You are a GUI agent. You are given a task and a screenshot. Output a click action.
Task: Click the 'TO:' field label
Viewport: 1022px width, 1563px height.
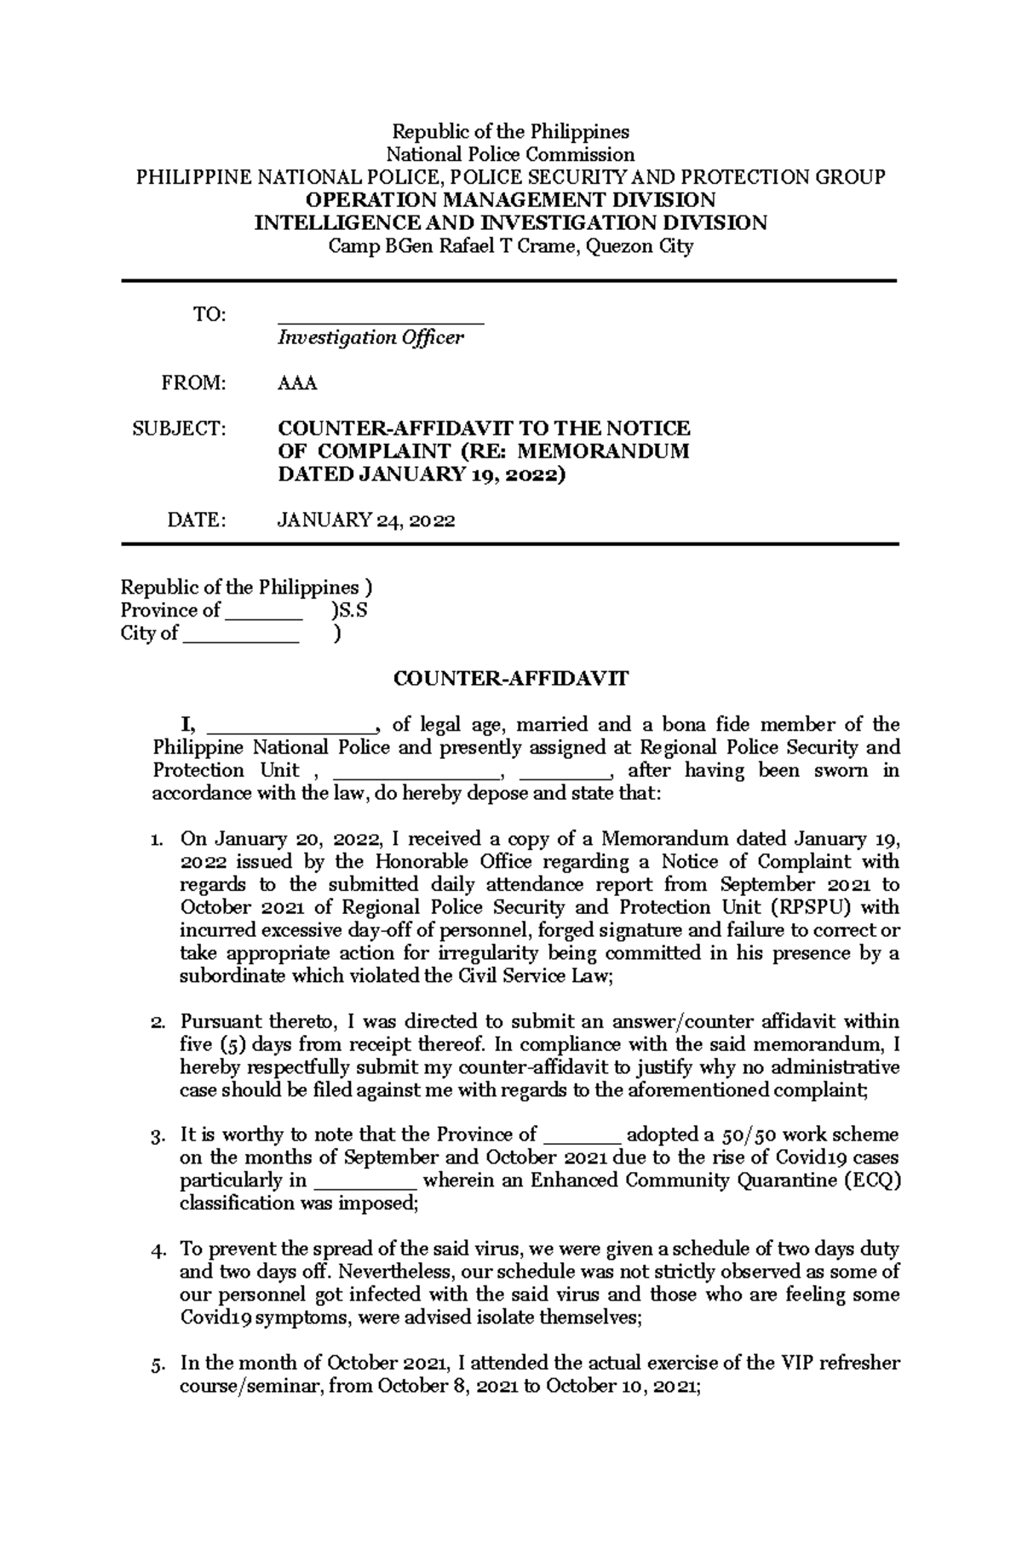click(x=210, y=315)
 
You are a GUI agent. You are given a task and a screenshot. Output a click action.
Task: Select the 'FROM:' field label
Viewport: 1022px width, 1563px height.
click(x=195, y=383)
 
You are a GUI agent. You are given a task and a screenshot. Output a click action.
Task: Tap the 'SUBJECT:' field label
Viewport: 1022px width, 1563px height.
click(x=180, y=428)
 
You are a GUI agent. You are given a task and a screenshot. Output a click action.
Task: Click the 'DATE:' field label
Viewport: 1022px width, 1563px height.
click(x=198, y=520)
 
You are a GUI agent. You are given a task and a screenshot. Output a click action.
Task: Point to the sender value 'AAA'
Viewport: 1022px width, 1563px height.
click(x=297, y=383)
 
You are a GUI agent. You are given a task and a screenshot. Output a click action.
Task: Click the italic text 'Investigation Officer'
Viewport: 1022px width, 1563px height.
click(x=370, y=337)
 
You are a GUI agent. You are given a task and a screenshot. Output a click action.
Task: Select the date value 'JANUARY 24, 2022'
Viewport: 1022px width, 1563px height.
click(x=366, y=520)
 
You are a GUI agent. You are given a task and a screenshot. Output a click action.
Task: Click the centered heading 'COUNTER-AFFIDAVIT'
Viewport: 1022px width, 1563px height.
click(x=510, y=679)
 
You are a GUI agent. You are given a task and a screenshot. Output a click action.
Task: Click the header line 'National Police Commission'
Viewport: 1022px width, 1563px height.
click(x=510, y=154)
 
